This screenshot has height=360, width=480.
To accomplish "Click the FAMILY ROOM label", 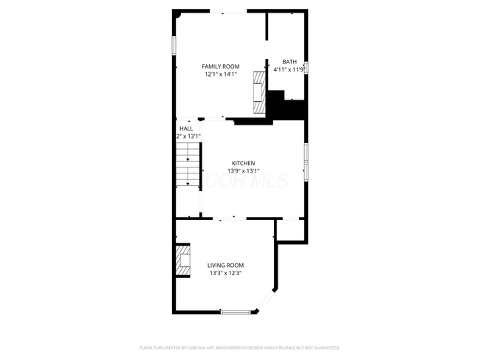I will pos(221,66).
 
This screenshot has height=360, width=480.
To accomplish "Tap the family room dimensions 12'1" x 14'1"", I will pos(221,74).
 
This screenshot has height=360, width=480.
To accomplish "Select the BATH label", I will pos(289,62).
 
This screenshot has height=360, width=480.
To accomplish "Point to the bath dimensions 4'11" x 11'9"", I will pos(289,69).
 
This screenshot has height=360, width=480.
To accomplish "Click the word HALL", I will pos(186,128).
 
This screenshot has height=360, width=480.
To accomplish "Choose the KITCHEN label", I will pos(244,163).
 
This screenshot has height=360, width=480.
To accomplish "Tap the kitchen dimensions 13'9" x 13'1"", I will pos(244,170).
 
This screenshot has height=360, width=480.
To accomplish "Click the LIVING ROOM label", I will pos(225,266).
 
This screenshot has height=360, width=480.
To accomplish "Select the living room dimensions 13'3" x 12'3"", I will pos(225,273).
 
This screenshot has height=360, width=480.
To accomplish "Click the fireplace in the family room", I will pos(259,92).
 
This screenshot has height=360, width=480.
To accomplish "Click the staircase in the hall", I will pos(188,166).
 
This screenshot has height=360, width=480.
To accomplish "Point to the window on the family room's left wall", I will pos(175,44).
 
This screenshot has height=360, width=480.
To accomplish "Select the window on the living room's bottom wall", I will pos(236,312).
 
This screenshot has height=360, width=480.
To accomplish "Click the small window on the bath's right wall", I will pos(306,68).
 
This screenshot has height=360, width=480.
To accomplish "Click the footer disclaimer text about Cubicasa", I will pos(240,347).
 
